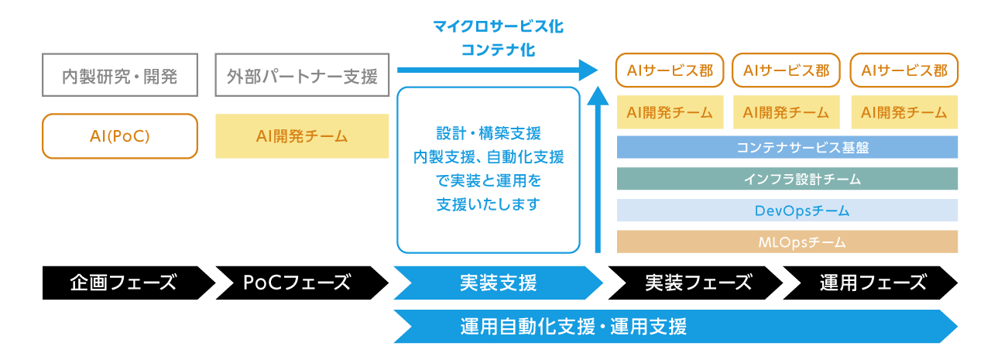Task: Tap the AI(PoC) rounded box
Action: pyautogui.click(x=119, y=136)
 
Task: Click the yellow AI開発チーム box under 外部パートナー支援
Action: pyautogui.click(x=302, y=136)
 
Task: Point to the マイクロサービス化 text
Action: pyautogui.click(x=498, y=27)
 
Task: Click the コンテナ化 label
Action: pyautogui.click(x=498, y=50)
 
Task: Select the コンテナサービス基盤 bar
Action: pyautogui.click(x=787, y=147)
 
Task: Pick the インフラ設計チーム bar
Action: pyautogui.click(x=787, y=179)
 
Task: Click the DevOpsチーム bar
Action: pyautogui.click(x=787, y=211)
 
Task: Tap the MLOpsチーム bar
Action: pyautogui.click(x=787, y=242)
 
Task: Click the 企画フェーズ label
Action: pyautogui.click(x=123, y=283)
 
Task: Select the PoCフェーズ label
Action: pyautogui.click(x=297, y=283)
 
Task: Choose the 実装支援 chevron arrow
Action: pyautogui.click(x=498, y=283)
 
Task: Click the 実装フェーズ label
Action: pyautogui.click(x=698, y=283)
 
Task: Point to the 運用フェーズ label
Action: pyautogui.click(x=873, y=283)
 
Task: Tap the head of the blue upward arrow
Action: pyautogui.click(x=598, y=96)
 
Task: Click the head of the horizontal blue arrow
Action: pyautogui.click(x=589, y=70)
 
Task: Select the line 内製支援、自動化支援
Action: pyautogui.click(x=489, y=157)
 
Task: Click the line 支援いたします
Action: pyautogui.click(x=489, y=205)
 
